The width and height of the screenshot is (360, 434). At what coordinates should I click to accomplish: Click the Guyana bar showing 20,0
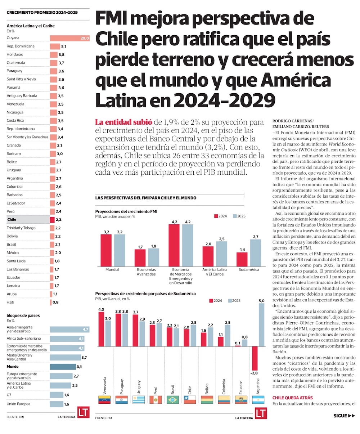[69, 38]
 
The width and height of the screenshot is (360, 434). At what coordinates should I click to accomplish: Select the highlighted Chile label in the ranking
[12, 219]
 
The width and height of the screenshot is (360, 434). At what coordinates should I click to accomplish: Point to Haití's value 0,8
[55, 302]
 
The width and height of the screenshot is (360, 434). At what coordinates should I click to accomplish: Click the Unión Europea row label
[18, 404]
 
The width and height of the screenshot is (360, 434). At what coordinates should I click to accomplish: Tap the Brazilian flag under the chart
[172, 399]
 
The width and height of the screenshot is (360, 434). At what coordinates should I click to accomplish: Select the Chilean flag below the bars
[189, 399]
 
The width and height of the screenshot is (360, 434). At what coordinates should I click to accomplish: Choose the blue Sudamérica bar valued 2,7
[255, 252]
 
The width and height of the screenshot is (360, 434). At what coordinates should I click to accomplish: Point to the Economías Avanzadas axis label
[146, 272]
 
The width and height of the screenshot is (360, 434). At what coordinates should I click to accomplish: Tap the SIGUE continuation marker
[344, 415]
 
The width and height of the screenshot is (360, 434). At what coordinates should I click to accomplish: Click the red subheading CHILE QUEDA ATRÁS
[292, 398]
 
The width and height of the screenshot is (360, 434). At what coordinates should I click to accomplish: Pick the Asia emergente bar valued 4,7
[69, 329]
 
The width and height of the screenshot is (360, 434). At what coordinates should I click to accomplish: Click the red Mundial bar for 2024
[106, 250]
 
